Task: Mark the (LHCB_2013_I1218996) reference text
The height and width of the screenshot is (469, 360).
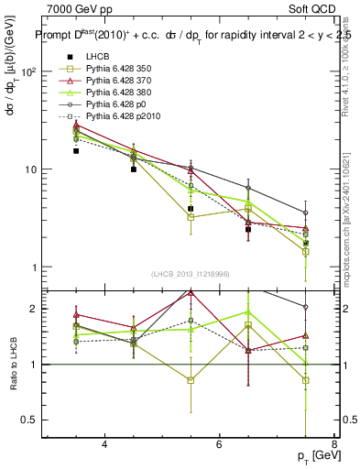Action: [x=191, y=275]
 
